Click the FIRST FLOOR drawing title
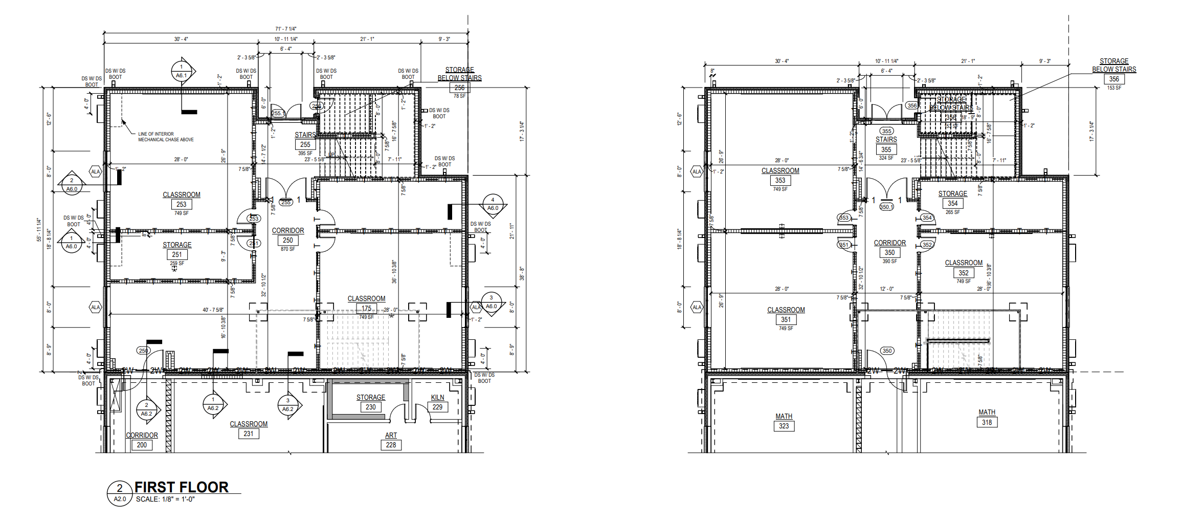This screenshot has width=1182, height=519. (181, 487)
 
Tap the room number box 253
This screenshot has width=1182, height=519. (182, 204)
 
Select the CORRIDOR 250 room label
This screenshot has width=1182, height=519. (288, 231)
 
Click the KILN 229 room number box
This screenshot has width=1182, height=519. (437, 407)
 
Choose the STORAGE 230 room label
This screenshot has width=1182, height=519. (371, 398)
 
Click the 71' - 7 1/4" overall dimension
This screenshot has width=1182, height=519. (285, 29)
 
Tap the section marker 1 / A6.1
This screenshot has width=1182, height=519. (182, 71)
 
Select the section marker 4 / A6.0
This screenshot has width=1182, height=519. (493, 204)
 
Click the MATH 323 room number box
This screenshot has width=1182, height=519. (784, 426)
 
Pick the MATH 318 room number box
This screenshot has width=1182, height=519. (987, 422)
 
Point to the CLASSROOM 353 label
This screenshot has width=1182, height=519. (780, 171)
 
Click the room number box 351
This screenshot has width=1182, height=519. (786, 319)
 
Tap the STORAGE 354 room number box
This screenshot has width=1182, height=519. (952, 203)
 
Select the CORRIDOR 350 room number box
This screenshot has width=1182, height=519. (890, 252)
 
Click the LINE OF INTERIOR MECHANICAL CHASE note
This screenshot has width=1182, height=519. (166, 137)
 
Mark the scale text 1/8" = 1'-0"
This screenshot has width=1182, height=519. (165, 500)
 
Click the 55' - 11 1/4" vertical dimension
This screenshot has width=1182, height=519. (39, 230)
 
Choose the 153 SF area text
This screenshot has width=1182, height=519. (1114, 88)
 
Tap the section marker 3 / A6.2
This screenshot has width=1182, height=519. (288, 405)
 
